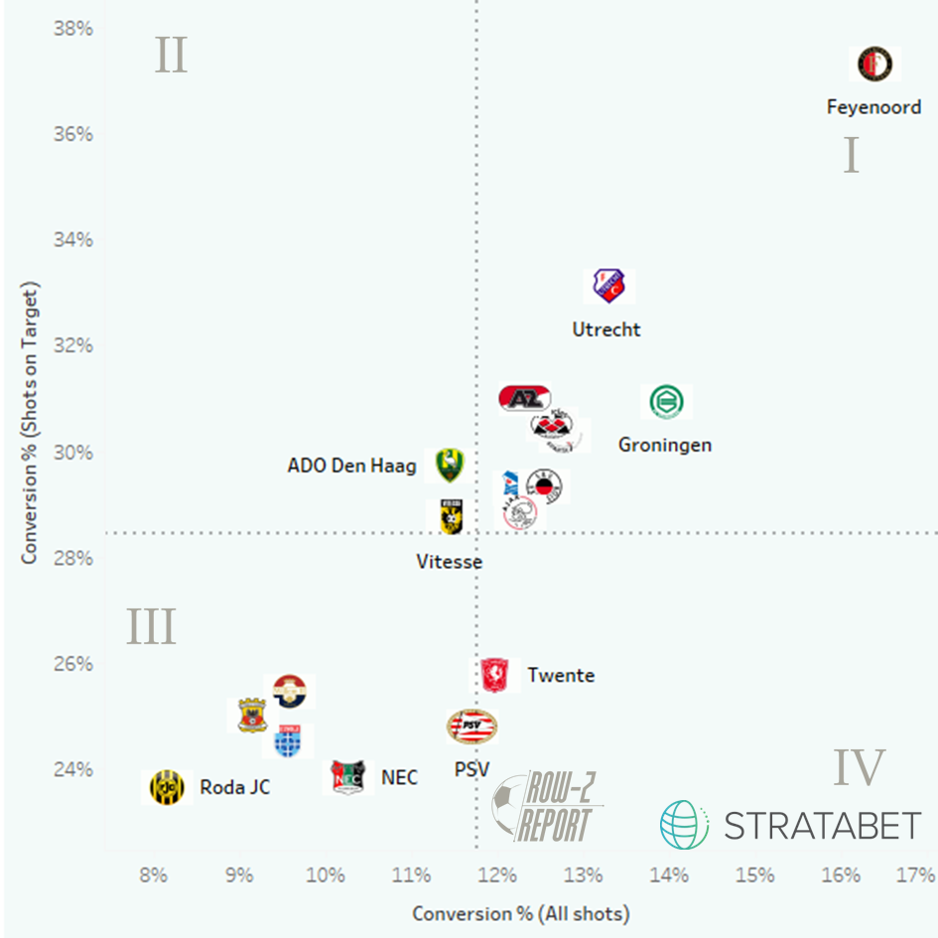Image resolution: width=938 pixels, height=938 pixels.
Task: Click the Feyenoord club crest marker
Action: pyautogui.click(x=874, y=65)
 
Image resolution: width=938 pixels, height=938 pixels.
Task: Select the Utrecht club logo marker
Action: pyautogui.click(x=607, y=286)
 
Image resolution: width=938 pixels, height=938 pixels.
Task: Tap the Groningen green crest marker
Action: pyautogui.click(x=666, y=402)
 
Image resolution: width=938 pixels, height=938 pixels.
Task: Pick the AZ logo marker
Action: pyautogui.click(x=523, y=398)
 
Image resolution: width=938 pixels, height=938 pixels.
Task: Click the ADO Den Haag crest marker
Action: pyautogui.click(x=449, y=465)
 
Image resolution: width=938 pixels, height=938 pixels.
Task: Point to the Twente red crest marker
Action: pyautogui.click(x=493, y=675)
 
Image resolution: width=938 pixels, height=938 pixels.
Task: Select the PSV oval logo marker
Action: pyautogui.click(x=471, y=727)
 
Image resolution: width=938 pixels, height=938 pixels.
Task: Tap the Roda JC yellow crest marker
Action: pyautogui.click(x=167, y=787)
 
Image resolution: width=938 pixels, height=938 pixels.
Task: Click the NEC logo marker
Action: pyautogui.click(x=348, y=777)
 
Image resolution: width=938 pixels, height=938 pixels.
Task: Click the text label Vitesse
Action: pyautogui.click(x=449, y=562)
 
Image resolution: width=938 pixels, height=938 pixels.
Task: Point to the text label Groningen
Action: pyautogui.click(x=665, y=445)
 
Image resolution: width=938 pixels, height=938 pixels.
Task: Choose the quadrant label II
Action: pyautogui.click(x=171, y=57)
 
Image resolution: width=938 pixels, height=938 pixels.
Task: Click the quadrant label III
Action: pyautogui.click(x=151, y=628)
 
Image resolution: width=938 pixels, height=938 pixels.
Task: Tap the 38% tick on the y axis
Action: pyautogui.click(x=72, y=29)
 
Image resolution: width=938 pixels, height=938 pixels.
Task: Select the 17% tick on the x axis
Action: pyautogui.click(x=914, y=875)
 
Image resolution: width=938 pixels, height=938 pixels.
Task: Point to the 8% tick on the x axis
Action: pyautogui.click(x=153, y=875)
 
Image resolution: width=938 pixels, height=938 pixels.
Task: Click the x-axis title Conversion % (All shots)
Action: pyautogui.click(x=521, y=913)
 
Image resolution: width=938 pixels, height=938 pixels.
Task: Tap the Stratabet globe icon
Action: pyautogui.click(x=685, y=825)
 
